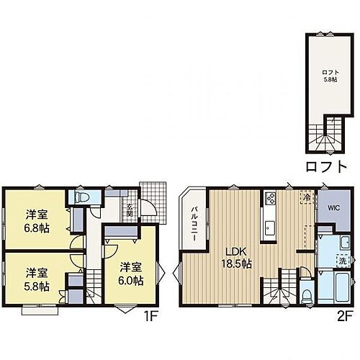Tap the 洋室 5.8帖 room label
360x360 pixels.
(37, 279)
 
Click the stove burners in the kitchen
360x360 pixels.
(270, 197)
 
